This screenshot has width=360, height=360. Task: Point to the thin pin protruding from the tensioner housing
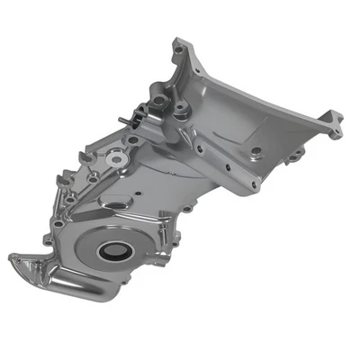(119, 121)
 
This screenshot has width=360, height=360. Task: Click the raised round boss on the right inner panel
(256, 151)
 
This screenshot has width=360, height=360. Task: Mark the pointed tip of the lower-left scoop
(13, 260)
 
